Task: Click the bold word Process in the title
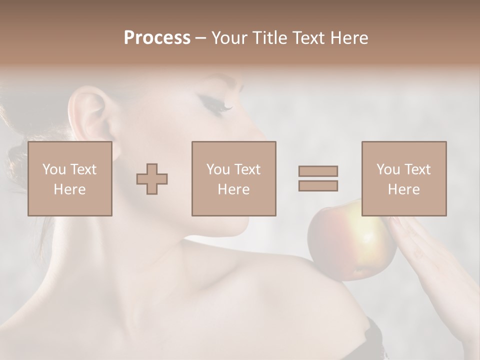click(x=157, y=38)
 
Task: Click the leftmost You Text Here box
click(x=70, y=178)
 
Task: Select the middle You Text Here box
click(x=233, y=178)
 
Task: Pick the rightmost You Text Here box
click(x=403, y=178)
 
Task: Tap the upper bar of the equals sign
click(x=318, y=171)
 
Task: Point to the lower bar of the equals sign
click(x=318, y=185)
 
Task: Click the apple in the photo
click(x=345, y=245)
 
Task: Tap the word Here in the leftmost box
click(x=70, y=189)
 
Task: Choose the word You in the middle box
click(x=218, y=169)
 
